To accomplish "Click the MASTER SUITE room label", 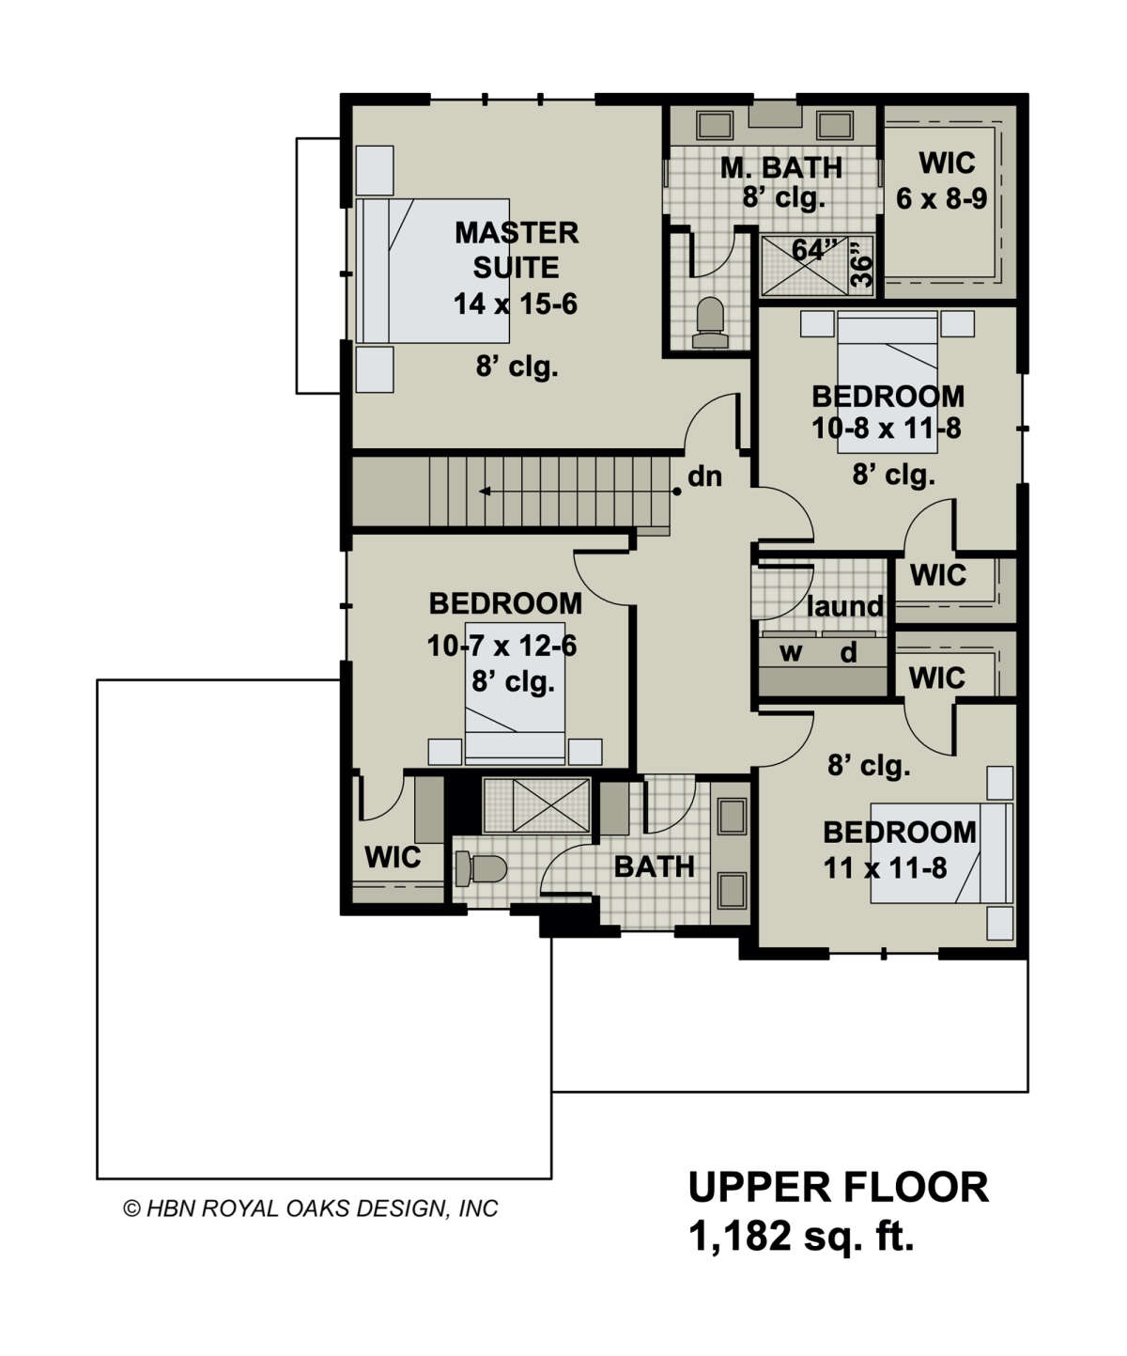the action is [517, 250].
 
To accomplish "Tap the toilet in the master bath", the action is [709, 322].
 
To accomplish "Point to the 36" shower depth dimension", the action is [861, 263].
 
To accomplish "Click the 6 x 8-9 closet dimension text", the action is [941, 198].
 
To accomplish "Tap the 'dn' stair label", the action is [704, 476].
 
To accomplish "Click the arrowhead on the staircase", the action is [485, 491].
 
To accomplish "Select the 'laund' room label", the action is [845, 606].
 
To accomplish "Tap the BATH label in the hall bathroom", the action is [655, 866].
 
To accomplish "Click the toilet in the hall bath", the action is [481, 868].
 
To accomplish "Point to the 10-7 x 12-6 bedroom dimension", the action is [502, 647].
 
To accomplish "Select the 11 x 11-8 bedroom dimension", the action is [886, 868].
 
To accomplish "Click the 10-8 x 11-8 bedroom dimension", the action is [887, 429].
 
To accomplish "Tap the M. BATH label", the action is [781, 167].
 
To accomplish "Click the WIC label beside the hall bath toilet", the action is [393, 857].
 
